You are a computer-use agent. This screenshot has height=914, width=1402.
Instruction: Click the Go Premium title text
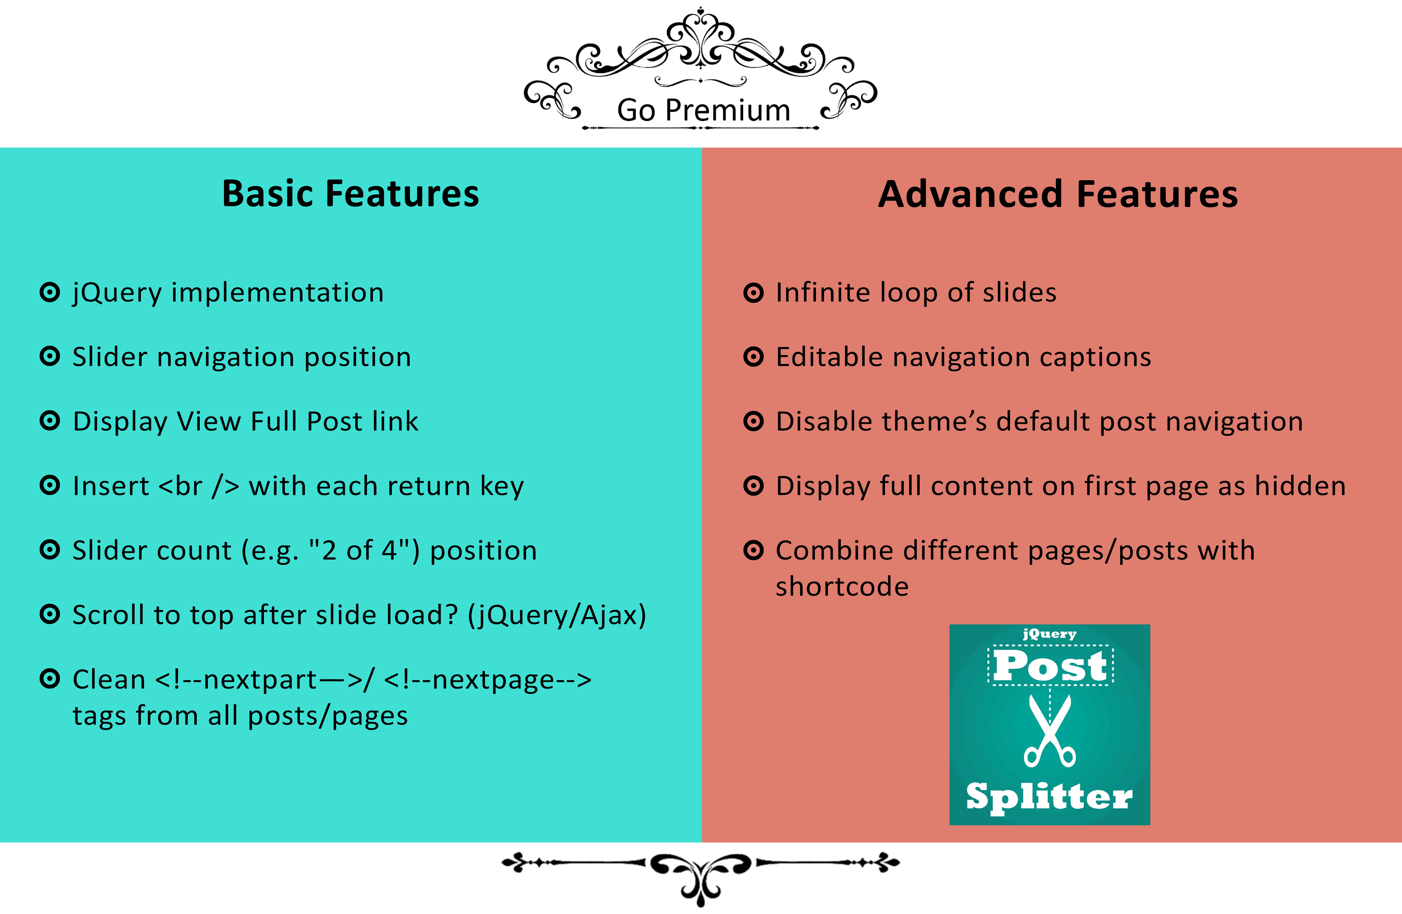703,110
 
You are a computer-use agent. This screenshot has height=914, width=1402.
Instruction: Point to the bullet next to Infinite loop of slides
754,292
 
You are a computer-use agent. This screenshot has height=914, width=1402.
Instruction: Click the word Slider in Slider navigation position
110,357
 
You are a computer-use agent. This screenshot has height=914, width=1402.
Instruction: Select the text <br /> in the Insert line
199,486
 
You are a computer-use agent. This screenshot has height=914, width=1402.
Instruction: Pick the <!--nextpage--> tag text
487,680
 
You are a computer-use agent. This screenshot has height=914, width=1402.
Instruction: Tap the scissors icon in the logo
1050,731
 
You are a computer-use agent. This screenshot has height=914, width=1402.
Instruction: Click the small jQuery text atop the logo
1050,634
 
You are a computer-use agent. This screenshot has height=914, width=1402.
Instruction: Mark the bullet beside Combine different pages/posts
754,550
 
